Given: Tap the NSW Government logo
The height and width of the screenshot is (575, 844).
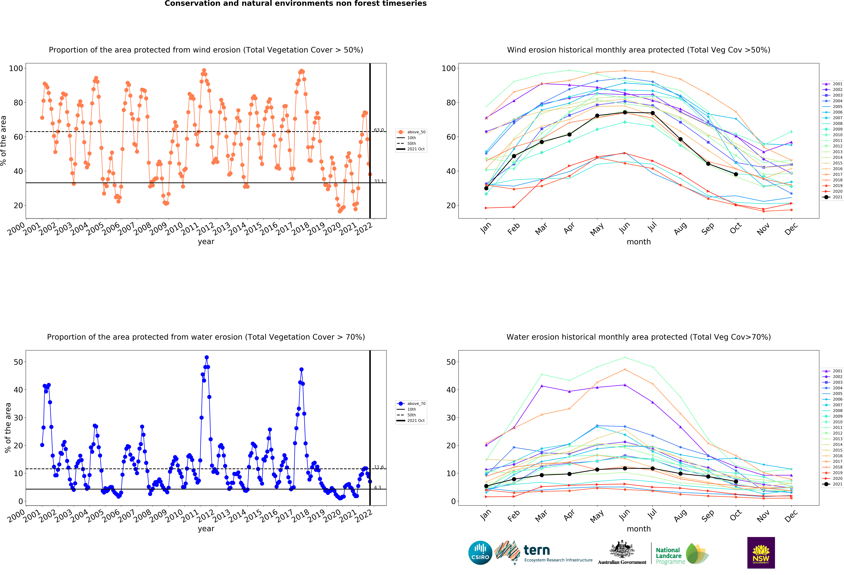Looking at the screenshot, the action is click(761, 553).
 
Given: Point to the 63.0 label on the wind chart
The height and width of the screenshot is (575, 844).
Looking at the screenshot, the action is click(379, 130).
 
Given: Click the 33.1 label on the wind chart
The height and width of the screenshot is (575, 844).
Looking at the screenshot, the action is click(379, 181).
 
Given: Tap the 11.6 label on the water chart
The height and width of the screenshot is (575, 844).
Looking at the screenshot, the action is click(379, 467).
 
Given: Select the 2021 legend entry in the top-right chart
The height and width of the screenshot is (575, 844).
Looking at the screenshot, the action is click(832, 197).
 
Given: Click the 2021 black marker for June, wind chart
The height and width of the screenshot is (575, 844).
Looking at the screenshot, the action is click(625, 112).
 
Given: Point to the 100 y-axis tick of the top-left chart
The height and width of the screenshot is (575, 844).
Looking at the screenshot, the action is click(16, 68).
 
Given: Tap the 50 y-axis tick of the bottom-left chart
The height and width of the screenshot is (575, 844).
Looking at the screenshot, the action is click(18, 362).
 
